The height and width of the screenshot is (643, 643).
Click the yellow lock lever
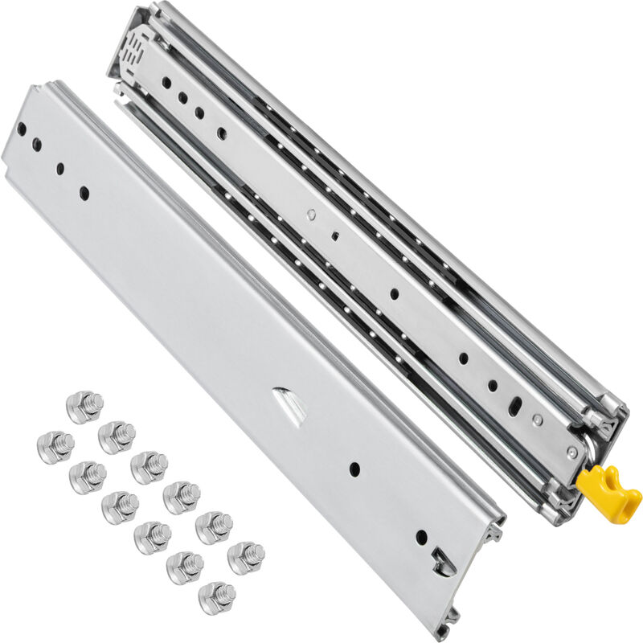[608, 489]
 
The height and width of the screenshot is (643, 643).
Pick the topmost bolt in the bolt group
[84, 407]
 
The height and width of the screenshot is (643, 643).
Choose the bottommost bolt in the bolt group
[216, 597]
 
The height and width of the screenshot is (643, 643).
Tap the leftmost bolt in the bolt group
[55, 447]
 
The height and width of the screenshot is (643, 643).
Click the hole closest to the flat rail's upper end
[22, 129]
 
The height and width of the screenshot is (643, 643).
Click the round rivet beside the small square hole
[311, 215]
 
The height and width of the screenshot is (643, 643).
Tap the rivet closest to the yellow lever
[571, 454]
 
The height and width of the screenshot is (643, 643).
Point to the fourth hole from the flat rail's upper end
[84, 192]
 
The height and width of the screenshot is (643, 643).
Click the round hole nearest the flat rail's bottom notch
[421, 536]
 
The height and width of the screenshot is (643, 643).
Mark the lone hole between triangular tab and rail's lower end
[354, 469]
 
